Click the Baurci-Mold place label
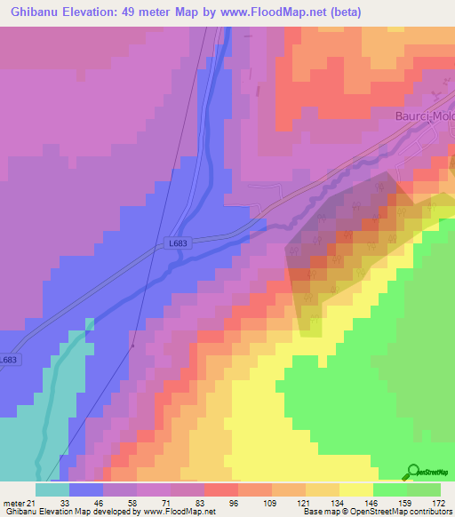coord(424,116)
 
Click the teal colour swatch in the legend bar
coord(52,489)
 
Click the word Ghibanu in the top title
coord(38,12)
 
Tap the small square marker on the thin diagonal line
coord(132,346)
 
